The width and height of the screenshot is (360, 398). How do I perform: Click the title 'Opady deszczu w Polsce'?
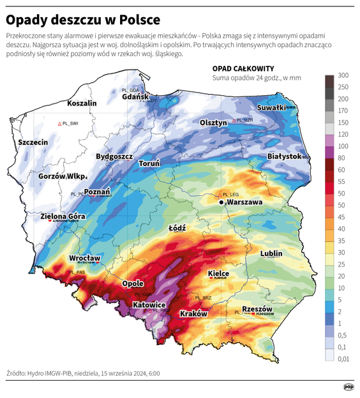[x=83, y=19]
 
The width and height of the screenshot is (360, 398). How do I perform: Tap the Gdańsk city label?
[x=136, y=97]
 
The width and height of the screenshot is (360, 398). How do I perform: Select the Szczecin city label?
[x=33, y=142]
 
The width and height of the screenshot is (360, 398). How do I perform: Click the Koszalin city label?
[x=82, y=103]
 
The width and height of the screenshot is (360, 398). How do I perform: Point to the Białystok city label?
[x=284, y=156]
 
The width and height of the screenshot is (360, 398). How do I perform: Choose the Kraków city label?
[x=195, y=314]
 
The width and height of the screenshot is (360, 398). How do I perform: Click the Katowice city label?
[x=149, y=305]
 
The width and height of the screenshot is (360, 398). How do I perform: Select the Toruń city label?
[x=149, y=164]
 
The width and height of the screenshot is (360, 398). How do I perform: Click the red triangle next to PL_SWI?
[x=59, y=123]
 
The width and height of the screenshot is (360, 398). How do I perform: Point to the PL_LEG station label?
[x=231, y=194]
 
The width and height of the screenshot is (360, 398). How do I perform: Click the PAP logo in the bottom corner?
[x=349, y=387]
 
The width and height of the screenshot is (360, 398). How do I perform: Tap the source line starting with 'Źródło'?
[x=83, y=372]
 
